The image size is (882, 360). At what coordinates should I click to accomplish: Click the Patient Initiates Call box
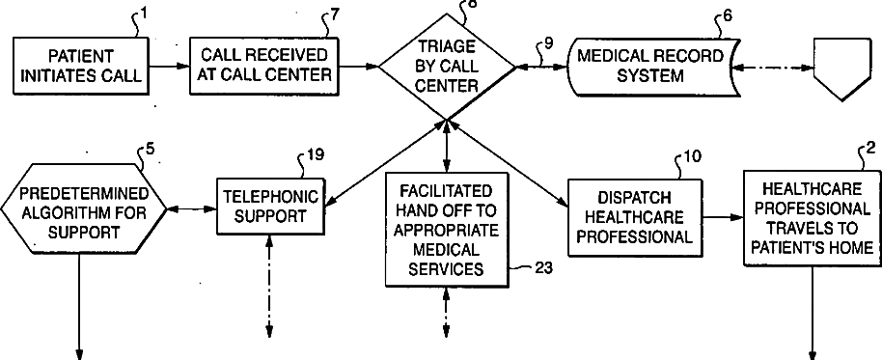tap(82, 66)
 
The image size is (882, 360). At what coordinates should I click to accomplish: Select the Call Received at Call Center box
tap(264, 66)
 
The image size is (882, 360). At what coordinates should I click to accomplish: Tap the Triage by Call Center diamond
tap(447, 67)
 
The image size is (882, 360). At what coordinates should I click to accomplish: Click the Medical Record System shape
tap(651, 67)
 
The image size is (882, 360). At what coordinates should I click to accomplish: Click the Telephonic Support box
tap(271, 207)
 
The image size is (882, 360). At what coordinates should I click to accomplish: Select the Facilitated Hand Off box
tap(447, 229)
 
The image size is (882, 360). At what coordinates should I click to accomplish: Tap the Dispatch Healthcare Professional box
tap(635, 218)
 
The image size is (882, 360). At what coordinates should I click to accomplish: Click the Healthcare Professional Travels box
tap(812, 217)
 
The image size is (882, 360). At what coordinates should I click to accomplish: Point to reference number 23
tap(542, 267)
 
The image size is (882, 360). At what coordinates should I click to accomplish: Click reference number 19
tap(316, 154)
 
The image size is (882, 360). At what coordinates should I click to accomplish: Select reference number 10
tap(693, 155)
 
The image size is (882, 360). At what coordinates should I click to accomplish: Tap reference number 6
tap(728, 15)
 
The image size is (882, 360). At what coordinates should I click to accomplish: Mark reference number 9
tap(549, 42)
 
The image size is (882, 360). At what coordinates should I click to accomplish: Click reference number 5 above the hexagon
tap(151, 149)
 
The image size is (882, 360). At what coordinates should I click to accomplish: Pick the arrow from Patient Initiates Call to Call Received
tap(170, 67)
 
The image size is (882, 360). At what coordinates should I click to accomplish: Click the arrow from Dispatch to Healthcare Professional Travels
tap(724, 217)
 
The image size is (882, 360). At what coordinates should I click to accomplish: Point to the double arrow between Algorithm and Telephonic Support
tap(192, 209)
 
